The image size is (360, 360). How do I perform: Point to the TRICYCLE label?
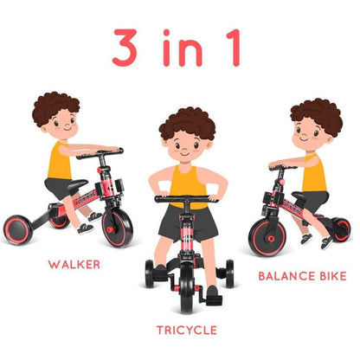(186, 329)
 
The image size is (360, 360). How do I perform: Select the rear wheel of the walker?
(19, 229)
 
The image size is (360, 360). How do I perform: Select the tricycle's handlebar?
(187, 200)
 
